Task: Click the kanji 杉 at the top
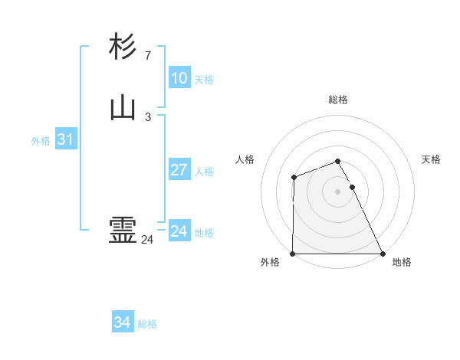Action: [123, 47]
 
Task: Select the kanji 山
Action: [123, 108]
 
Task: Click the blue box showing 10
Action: [179, 78]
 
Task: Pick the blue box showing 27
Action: [179, 170]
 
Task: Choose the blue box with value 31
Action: [65, 139]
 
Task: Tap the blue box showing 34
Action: [122, 322]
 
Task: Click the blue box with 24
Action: [179, 231]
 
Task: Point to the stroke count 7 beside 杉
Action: [147, 56]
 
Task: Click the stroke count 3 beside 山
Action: [147, 117]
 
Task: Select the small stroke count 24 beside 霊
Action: [147, 240]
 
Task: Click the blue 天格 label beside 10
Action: [204, 80]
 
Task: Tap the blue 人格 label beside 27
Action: [204, 172]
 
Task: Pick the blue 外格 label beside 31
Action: [41, 141]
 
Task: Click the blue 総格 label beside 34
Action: [147, 324]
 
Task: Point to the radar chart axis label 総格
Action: [338, 100]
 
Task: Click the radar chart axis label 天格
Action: [432, 159]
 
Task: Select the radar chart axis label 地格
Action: [402, 262]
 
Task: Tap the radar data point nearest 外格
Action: [293, 254]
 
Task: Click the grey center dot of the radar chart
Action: [338, 191]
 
